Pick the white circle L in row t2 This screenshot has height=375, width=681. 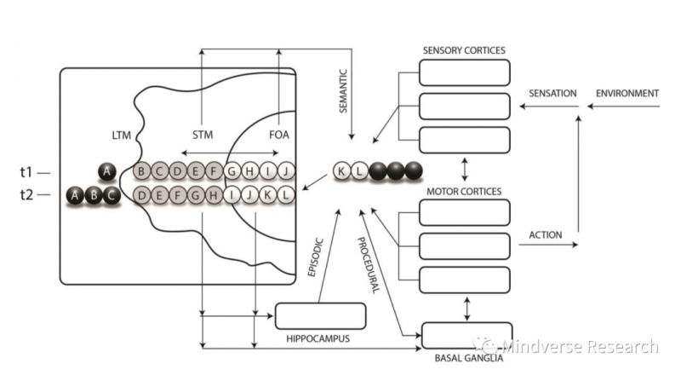tap(287, 195)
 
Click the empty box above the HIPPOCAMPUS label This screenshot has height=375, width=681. tap(320, 315)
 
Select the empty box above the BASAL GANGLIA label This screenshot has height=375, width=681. tap(466, 335)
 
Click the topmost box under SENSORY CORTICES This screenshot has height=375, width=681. tap(466, 72)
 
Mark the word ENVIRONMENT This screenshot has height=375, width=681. tap(627, 93)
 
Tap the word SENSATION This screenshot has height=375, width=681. tap(552, 93)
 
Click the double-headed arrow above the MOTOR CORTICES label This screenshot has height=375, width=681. tap(466, 164)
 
